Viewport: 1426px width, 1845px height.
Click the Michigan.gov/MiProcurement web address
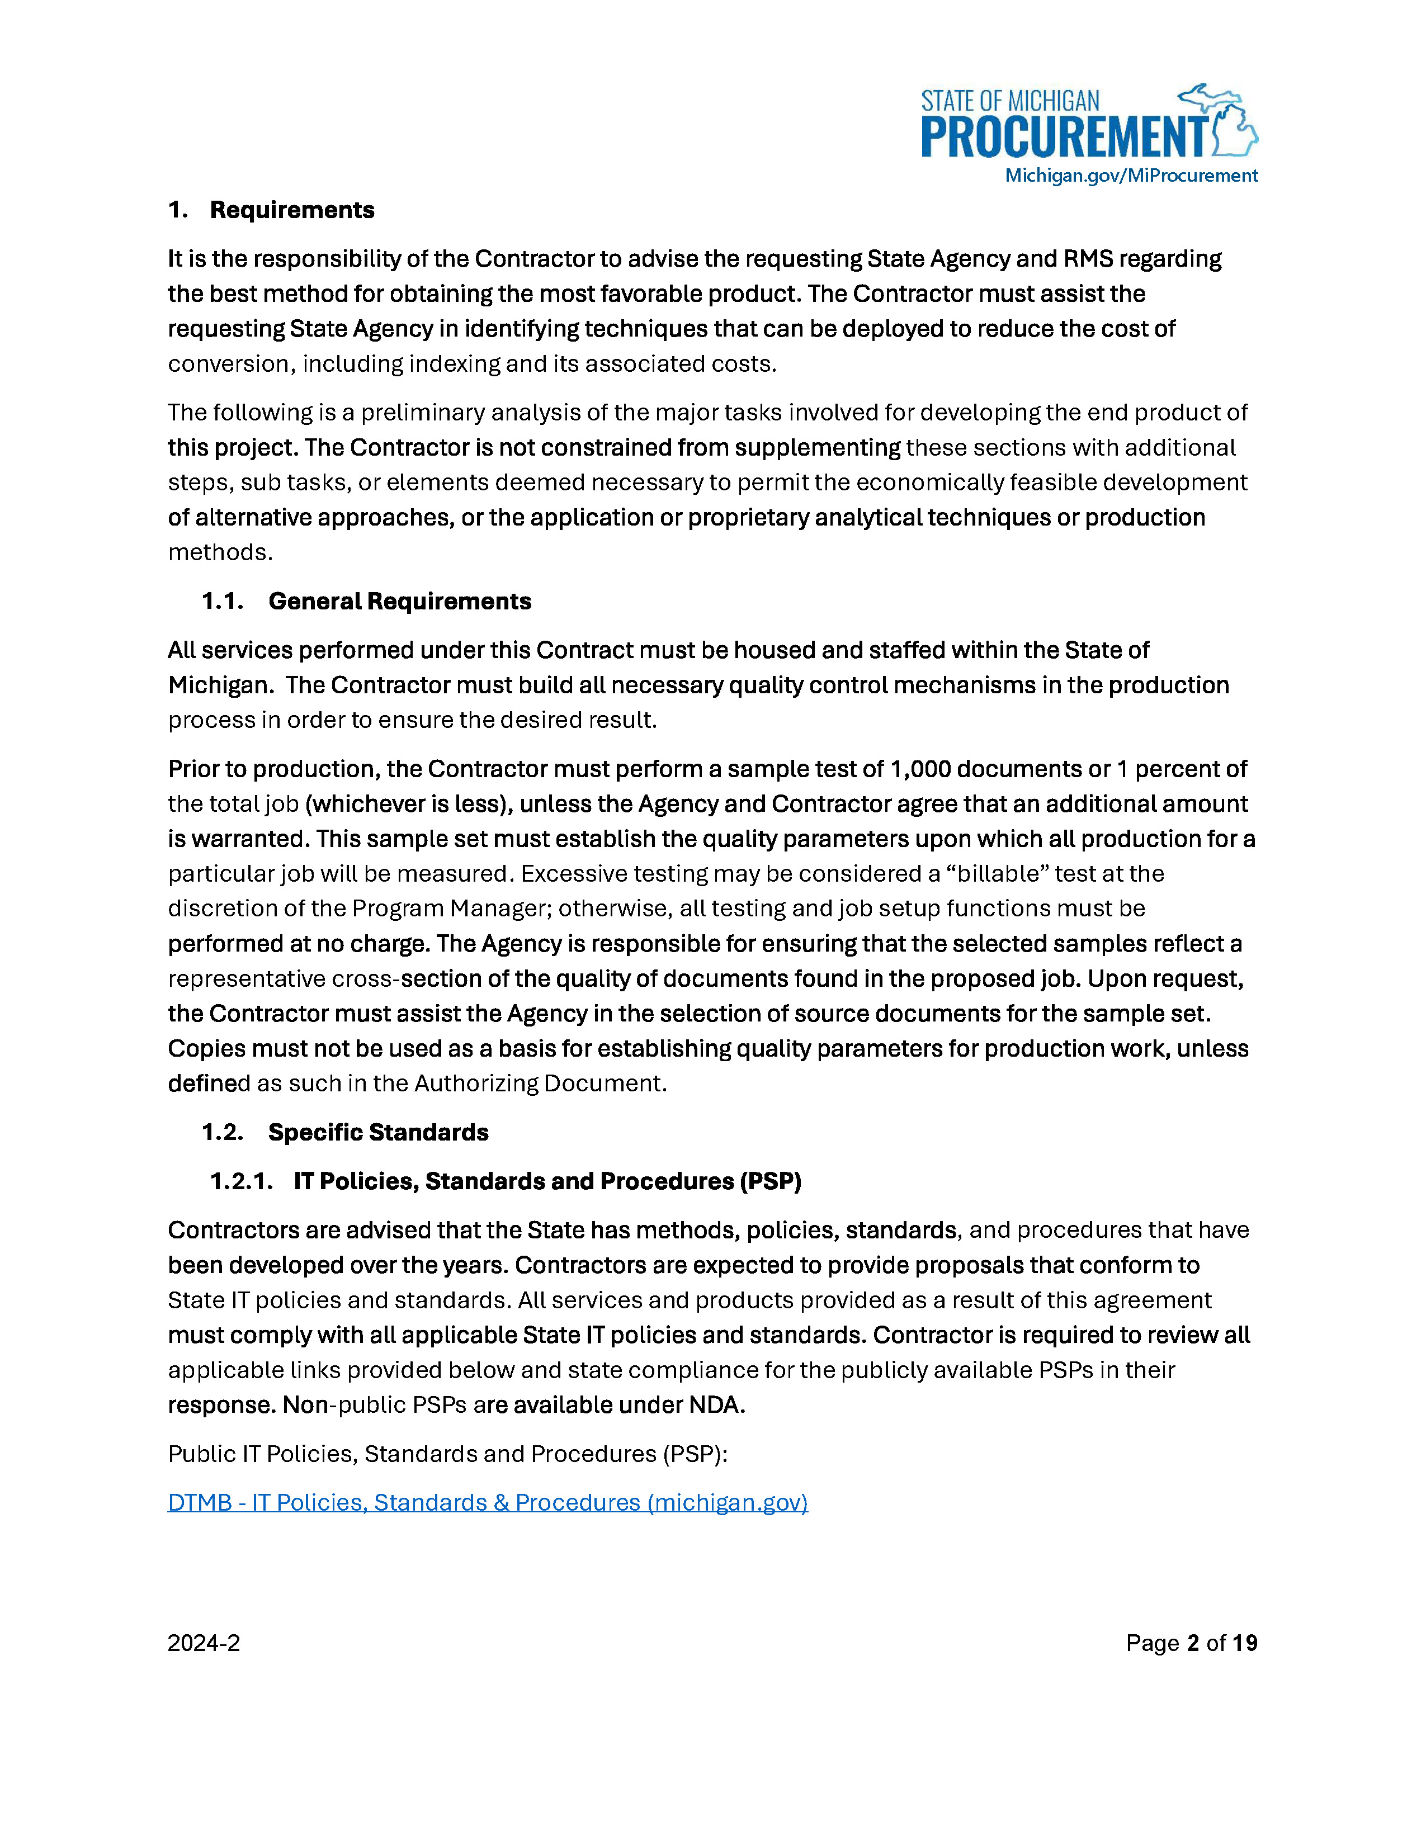[1130, 176]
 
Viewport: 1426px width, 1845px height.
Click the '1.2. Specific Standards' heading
[344, 1132]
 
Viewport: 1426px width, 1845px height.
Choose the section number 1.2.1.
[241, 1181]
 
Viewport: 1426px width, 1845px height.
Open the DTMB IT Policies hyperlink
[488, 1502]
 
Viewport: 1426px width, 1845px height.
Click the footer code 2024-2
[204, 1643]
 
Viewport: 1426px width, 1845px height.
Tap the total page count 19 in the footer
[1244, 1643]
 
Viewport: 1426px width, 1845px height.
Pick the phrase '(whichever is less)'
[409, 803]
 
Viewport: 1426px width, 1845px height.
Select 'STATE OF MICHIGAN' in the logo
[1009, 101]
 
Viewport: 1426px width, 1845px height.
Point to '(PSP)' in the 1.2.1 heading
[771, 1181]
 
